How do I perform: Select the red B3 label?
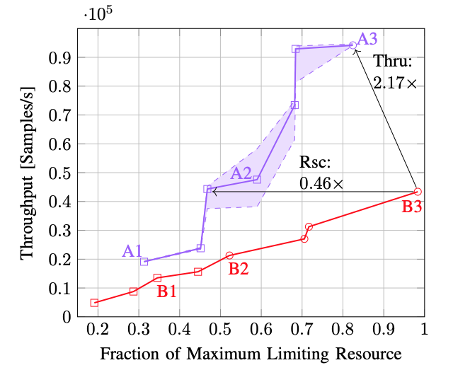pos(415,207)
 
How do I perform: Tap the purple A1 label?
pos(133,250)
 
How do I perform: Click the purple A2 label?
pos(241,173)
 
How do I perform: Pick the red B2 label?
pos(239,269)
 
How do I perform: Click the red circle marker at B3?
pos(418,192)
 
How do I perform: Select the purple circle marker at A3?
pos(352,45)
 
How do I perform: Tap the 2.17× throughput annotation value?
pos(395,82)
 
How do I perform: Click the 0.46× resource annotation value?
pos(321,183)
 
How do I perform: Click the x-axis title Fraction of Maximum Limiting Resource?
pos(251,353)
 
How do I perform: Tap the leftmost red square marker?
pos(94,303)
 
